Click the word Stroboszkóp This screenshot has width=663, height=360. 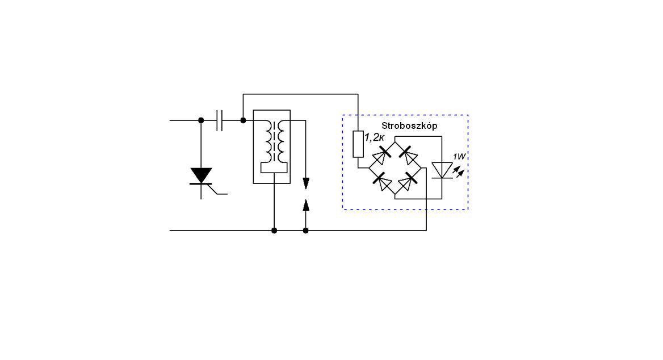tap(409, 125)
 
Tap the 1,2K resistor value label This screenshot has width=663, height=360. tap(374, 137)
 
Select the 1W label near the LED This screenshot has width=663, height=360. tap(459, 157)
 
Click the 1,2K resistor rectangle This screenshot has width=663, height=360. tap(358, 144)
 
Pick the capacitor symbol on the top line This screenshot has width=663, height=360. tap(219, 120)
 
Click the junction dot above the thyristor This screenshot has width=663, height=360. tap(201, 120)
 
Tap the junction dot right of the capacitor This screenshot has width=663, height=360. tap(243, 120)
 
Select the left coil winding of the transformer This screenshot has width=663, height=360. tap(268, 142)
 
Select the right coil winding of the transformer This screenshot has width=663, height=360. tap(281, 142)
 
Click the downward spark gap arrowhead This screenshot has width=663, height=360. tap(306, 183)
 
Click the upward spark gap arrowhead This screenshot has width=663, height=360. tap(306, 205)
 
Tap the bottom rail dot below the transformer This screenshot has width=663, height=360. tap(274, 231)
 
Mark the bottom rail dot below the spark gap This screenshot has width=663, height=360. tap(306, 231)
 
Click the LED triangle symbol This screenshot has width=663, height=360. tap(442, 170)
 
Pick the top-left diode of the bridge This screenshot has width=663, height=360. tap(381, 155)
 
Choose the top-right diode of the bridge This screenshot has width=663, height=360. tap(408, 155)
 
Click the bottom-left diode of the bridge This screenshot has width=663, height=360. tap(382, 181)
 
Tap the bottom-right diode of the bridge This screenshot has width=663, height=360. tap(408, 181)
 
